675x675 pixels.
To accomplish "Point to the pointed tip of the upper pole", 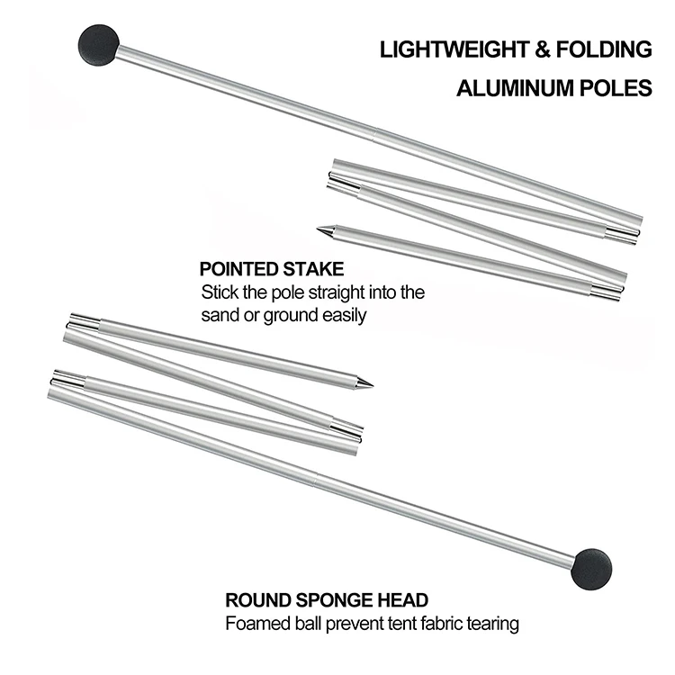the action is pos(321,230).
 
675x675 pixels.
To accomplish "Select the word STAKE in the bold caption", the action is pos(313,269).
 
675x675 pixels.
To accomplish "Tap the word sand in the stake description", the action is pos(218,316).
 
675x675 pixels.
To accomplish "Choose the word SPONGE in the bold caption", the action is pos(337,599).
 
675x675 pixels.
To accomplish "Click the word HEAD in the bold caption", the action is pos(404,599).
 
